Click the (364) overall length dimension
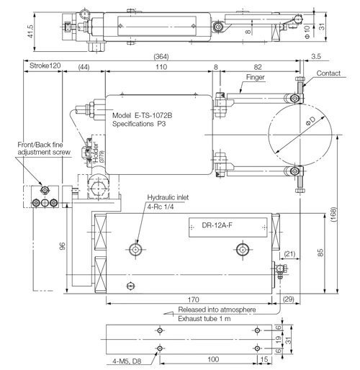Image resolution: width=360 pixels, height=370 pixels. pos(161,57)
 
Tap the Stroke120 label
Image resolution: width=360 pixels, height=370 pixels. pos(45,66)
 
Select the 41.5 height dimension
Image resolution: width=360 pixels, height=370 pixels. pos(30,32)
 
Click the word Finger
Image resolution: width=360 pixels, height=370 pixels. pos(256,77)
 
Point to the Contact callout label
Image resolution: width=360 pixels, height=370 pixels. pos(328,73)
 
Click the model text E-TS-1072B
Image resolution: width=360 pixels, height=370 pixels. pos(153,115)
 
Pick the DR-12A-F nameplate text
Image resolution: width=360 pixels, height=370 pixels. pos(217,225)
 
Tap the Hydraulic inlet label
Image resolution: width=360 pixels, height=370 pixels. pos(168,197)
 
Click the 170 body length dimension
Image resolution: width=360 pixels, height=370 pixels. pos(193,299)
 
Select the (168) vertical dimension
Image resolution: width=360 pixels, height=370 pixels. pos(333,215)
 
